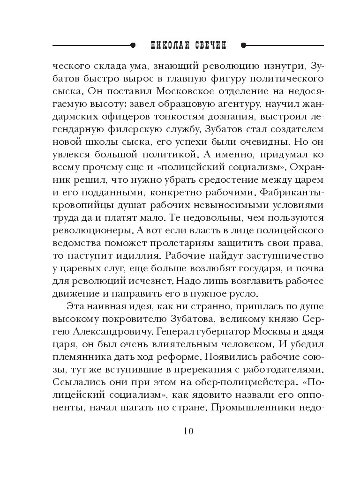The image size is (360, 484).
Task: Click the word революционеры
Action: point(91,232)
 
